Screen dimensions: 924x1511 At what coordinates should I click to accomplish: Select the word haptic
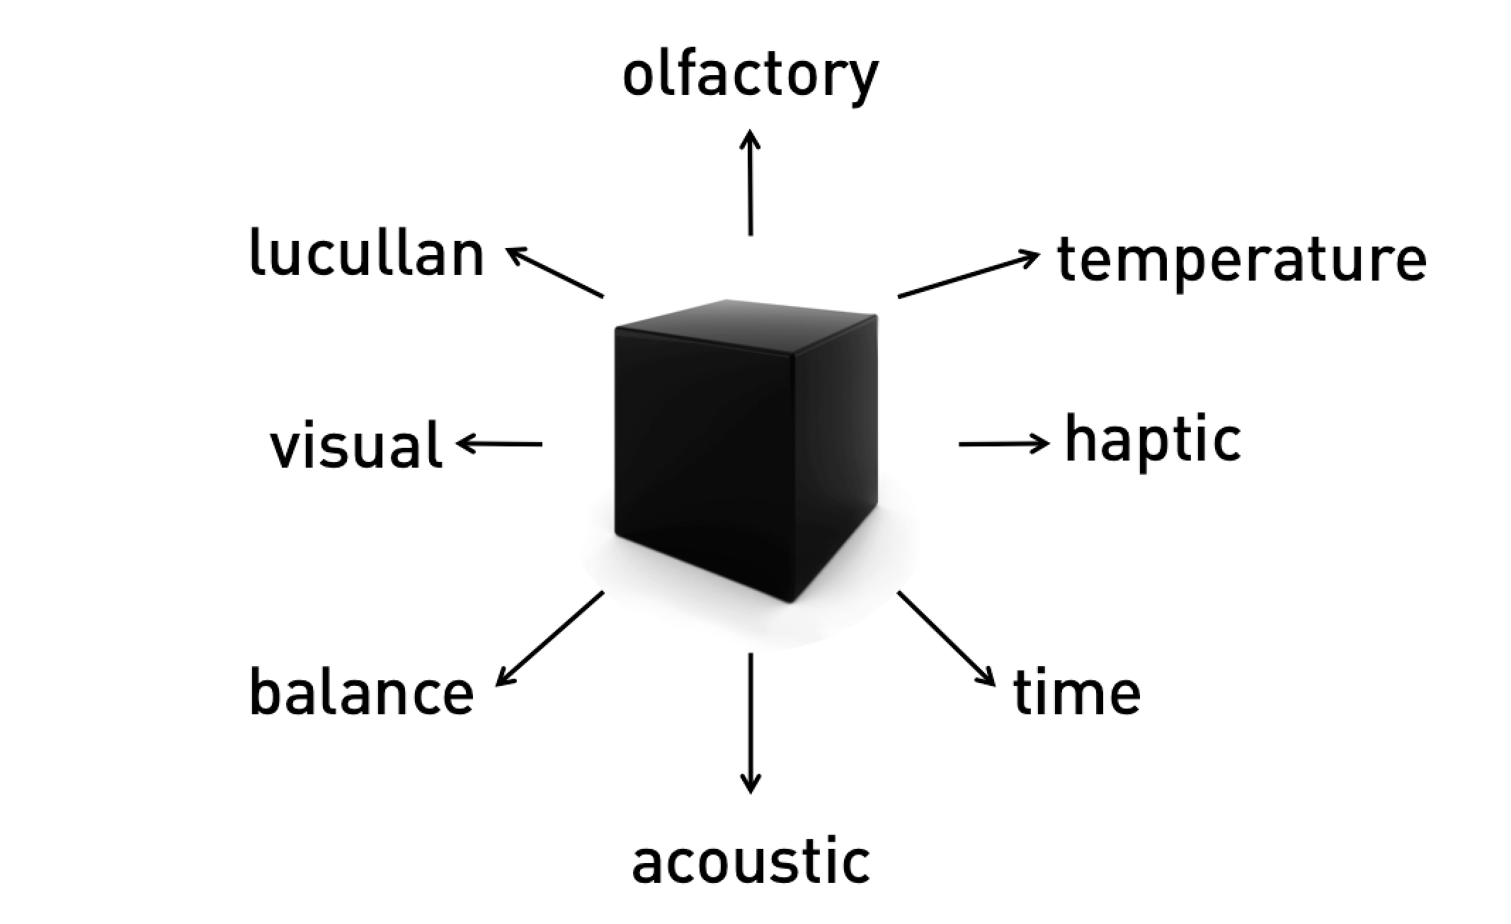pos(1153,440)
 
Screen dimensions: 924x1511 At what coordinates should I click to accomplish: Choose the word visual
pos(356,445)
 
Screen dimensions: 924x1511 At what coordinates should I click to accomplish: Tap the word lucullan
pos(367,254)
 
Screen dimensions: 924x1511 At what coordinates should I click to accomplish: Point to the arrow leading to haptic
pos(1003,444)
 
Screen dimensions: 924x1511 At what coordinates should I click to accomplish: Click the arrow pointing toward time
pos(946,638)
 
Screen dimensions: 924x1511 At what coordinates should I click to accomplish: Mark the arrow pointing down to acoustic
pos(751,723)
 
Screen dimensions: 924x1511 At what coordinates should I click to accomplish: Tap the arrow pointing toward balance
pos(549,638)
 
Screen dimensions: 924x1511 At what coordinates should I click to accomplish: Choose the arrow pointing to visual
pos(500,444)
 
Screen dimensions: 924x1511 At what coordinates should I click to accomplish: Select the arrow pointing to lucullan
pos(555,272)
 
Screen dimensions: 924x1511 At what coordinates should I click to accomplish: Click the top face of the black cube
pos(743,326)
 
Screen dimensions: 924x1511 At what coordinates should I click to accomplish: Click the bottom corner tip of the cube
pos(789,602)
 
